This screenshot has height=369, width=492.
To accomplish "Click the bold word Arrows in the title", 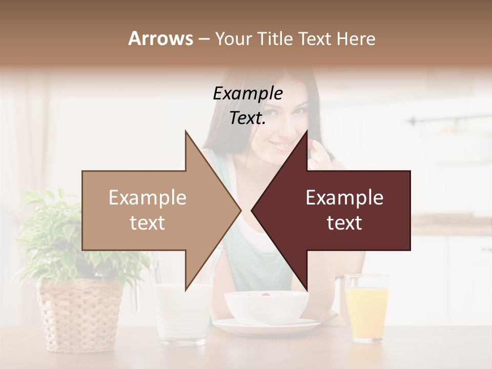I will (160, 38).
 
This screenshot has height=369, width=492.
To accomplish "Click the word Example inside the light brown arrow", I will (148, 198).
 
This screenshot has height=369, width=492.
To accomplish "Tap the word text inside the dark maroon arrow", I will (344, 223).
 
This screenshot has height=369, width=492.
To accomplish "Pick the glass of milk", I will (181, 313).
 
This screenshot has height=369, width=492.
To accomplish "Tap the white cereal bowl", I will (266, 306).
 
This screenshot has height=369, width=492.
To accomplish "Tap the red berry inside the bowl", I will (265, 294).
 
